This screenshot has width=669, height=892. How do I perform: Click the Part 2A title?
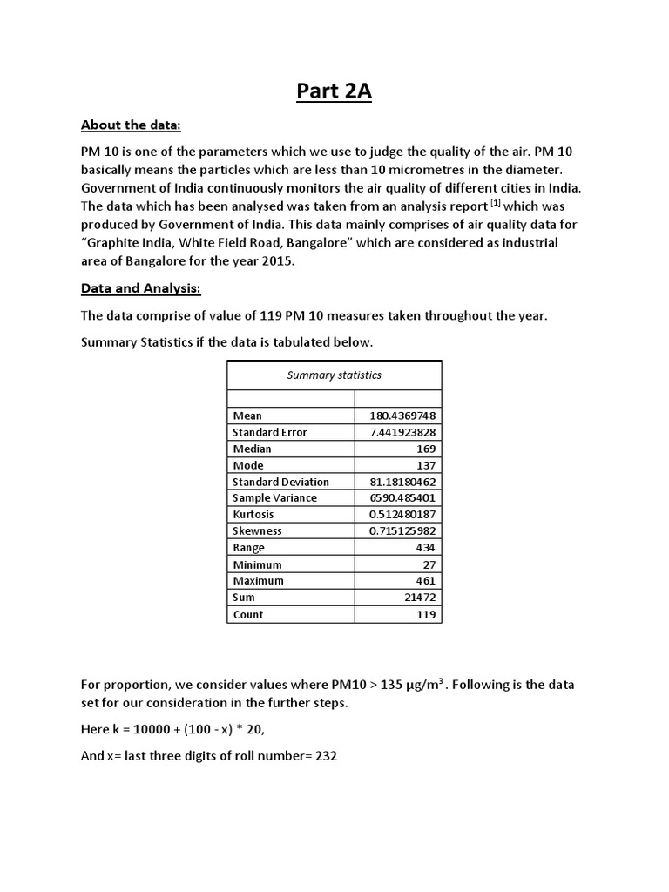(x=334, y=91)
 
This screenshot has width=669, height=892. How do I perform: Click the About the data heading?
(x=130, y=125)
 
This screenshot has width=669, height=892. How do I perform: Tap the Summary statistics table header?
(x=334, y=375)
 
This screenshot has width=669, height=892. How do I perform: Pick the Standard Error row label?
(x=269, y=432)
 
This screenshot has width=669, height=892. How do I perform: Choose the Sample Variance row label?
(x=274, y=498)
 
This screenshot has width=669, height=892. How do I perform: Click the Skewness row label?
(x=257, y=531)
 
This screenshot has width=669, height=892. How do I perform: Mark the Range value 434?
(x=427, y=548)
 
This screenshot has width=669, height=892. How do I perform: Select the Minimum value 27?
(x=429, y=564)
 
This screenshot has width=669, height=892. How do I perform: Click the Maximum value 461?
(x=427, y=581)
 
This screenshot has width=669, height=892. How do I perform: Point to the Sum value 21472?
(x=422, y=598)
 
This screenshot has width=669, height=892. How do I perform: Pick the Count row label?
(x=248, y=614)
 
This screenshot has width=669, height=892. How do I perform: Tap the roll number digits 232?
(x=324, y=756)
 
